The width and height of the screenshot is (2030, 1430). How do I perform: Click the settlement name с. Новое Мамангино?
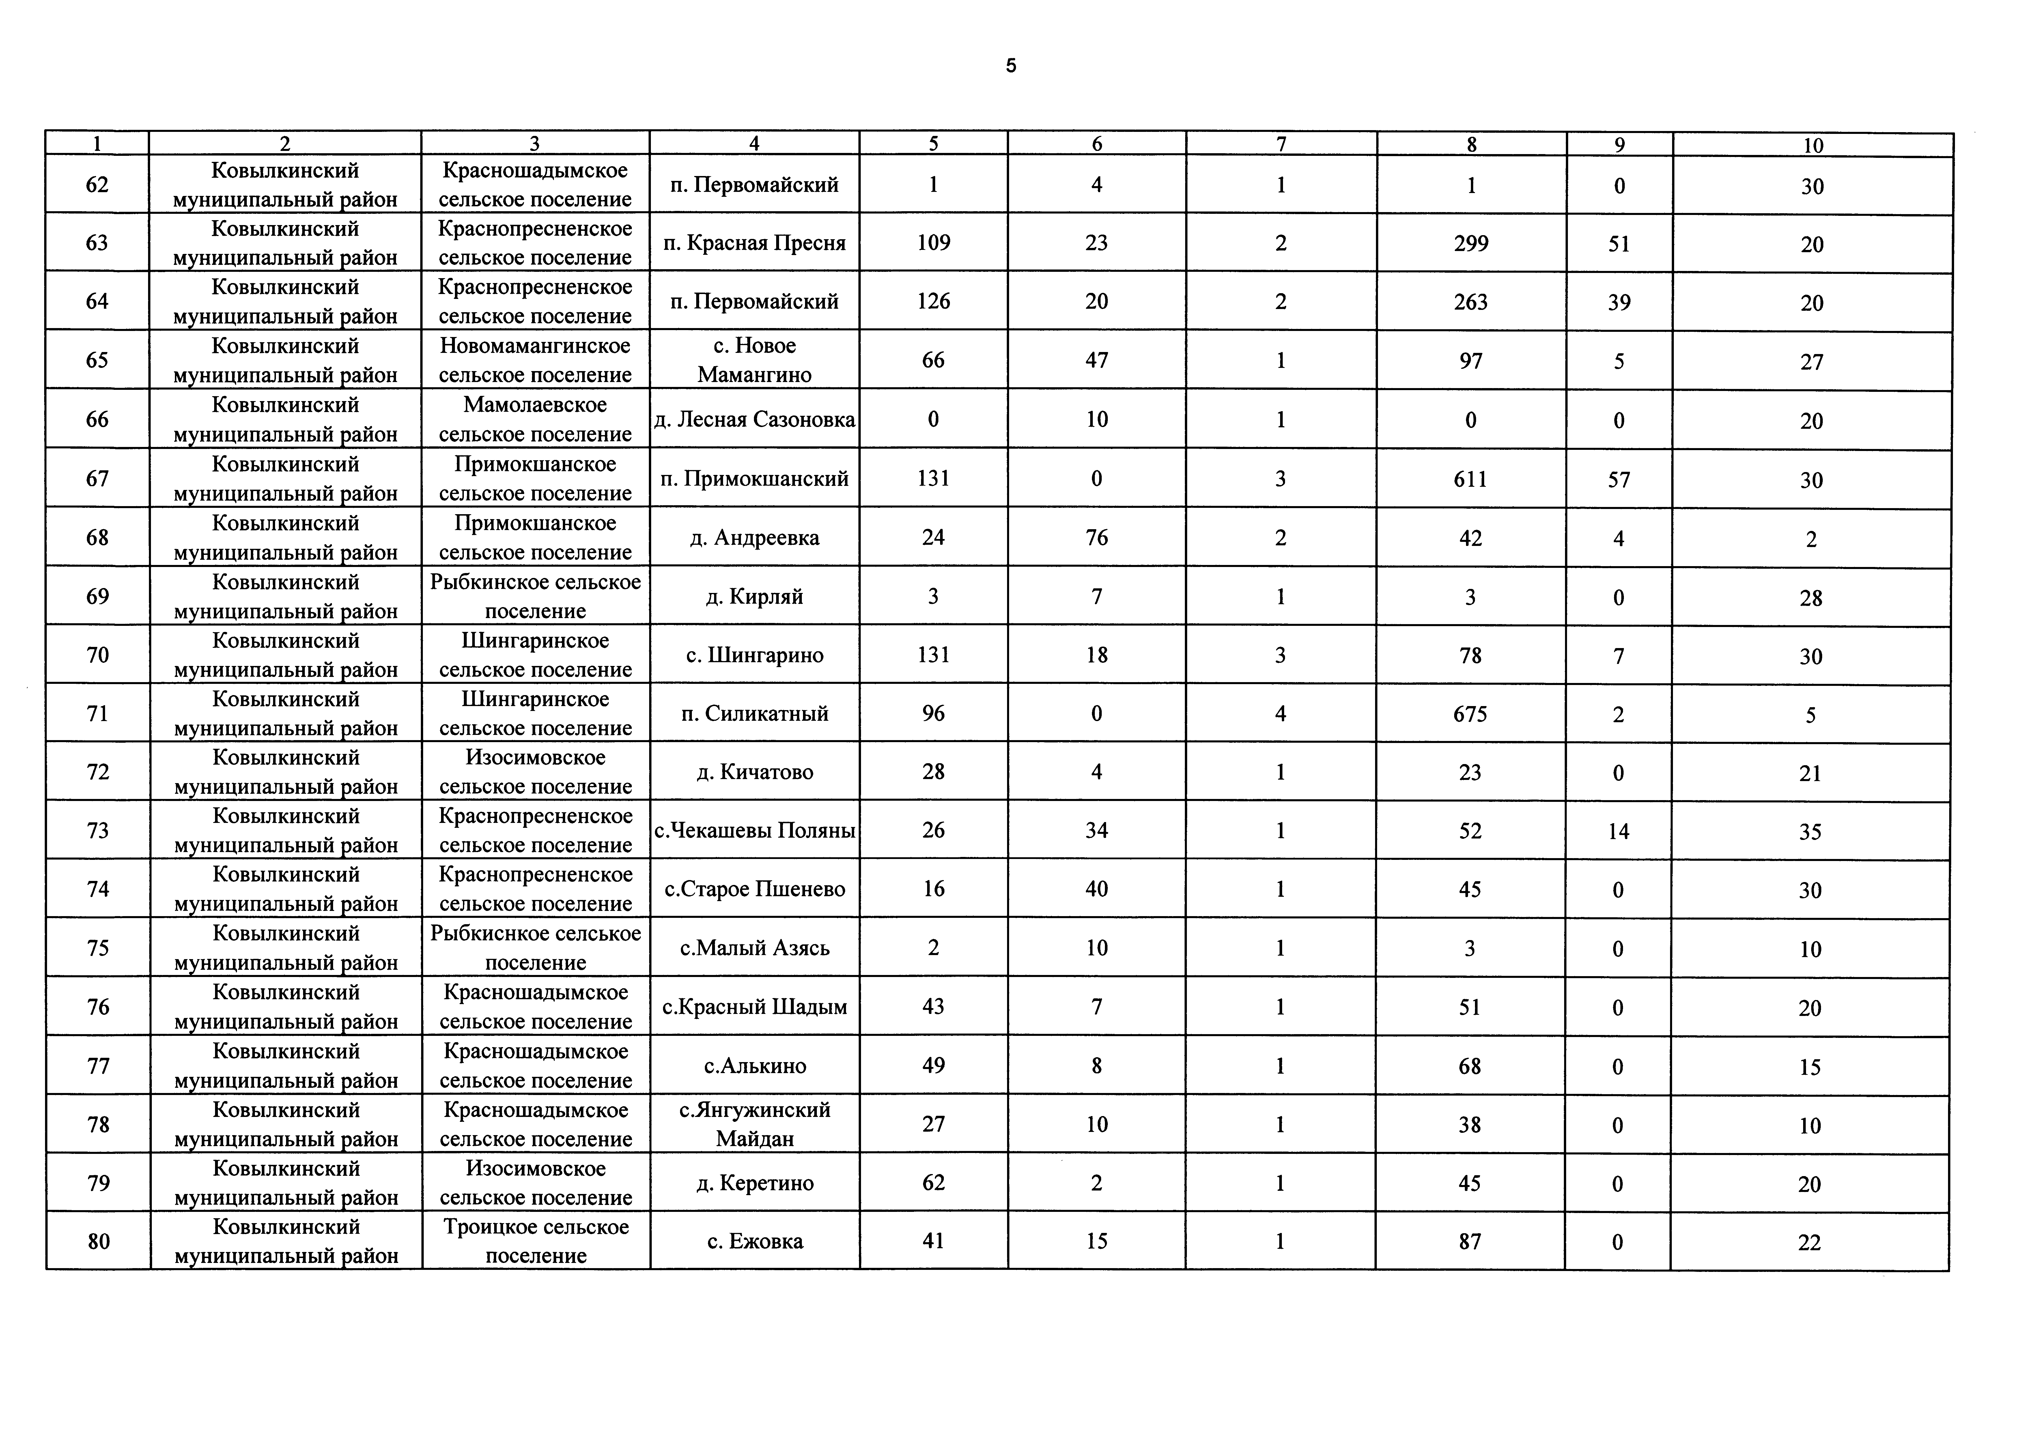click(754, 360)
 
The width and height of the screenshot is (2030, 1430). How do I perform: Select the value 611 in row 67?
click(1470, 479)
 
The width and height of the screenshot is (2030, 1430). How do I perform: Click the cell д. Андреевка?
click(754, 537)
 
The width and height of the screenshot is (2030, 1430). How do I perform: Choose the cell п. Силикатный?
click(754, 713)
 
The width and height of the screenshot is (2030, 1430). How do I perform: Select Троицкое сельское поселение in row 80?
click(536, 1241)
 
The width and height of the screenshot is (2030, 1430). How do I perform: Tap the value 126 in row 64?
click(934, 301)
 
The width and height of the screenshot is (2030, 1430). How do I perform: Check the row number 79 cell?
click(98, 1182)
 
